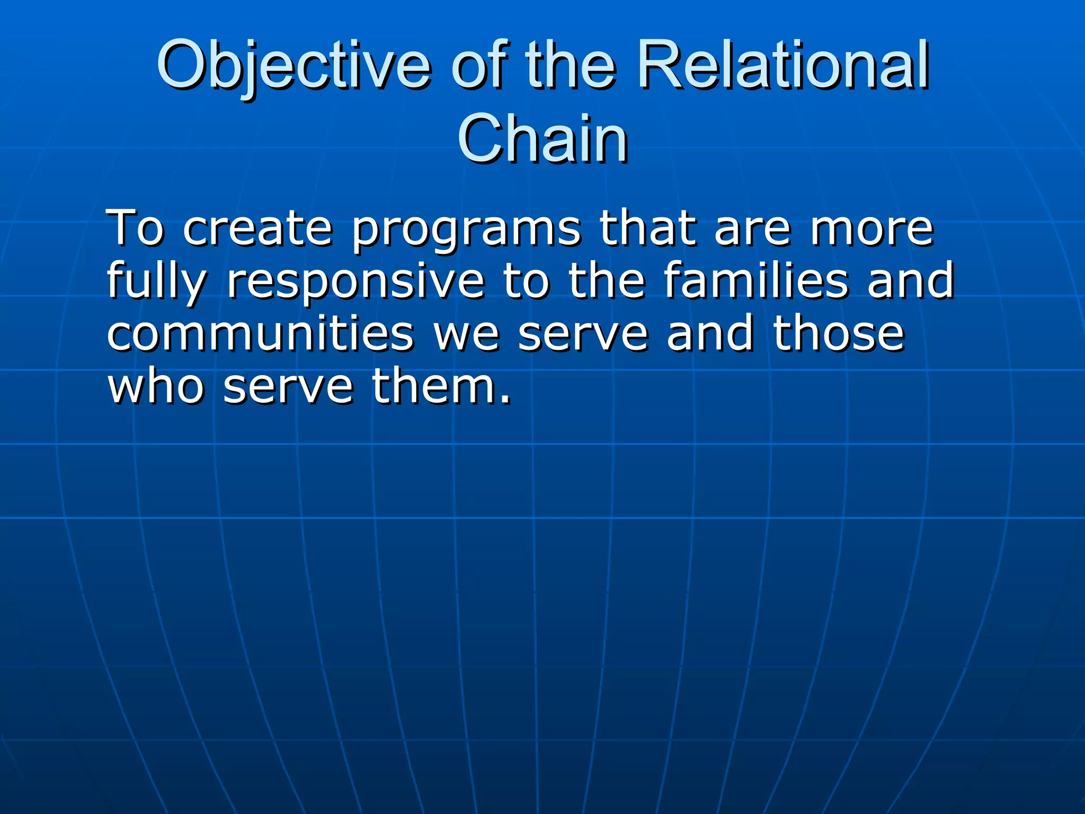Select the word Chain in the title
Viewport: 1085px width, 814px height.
coord(542,139)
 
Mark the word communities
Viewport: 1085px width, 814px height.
coord(260,334)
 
